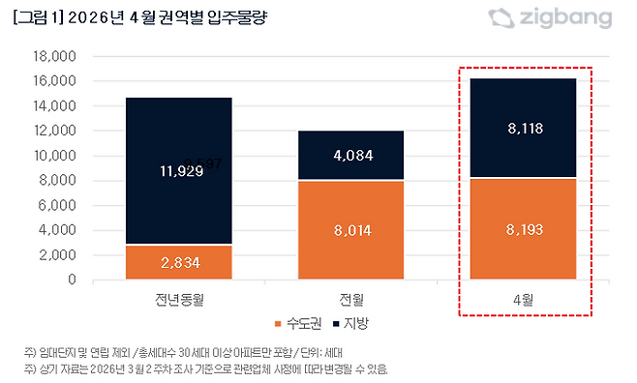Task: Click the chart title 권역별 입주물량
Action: pos(144,17)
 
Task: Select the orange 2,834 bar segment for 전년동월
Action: pos(178,262)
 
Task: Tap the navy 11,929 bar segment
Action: pos(178,171)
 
